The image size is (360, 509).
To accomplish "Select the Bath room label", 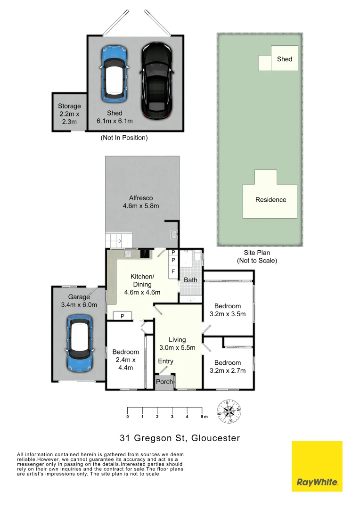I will (x=190, y=280).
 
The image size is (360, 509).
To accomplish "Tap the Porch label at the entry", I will (x=165, y=382).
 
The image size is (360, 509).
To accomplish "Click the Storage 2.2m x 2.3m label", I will (x=70, y=114).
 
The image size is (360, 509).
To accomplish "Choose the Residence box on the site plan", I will (x=270, y=200).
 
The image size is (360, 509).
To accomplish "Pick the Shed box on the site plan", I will (x=284, y=59).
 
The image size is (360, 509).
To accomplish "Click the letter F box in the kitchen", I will (x=173, y=272).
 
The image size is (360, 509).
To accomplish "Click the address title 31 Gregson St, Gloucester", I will (x=180, y=438).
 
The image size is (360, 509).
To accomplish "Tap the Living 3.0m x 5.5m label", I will (x=177, y=344).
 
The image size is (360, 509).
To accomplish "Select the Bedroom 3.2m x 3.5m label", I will (x=228, y=310).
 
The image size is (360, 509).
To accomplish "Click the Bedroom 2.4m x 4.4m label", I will (x=125, y=360).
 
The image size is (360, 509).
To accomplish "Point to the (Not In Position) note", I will (x=124, y=138).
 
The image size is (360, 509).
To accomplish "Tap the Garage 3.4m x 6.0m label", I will (x=79, y=301).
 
